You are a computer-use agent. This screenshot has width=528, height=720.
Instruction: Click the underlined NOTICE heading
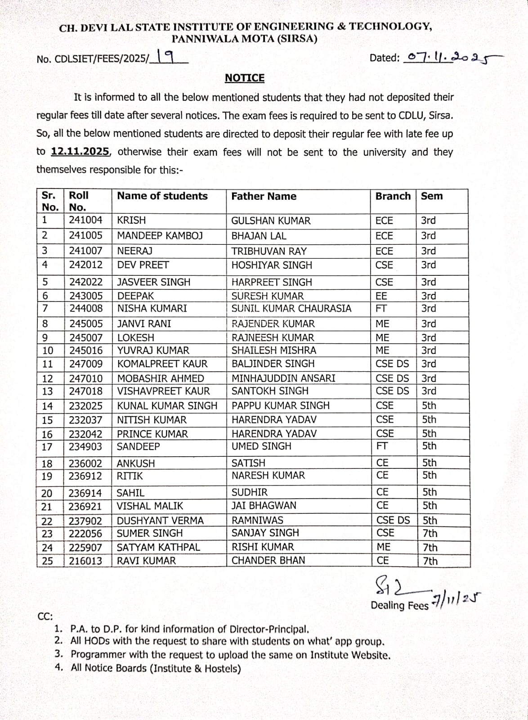[x=245, y=78]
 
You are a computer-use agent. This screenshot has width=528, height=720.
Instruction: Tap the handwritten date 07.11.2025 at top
[x=452, y=58]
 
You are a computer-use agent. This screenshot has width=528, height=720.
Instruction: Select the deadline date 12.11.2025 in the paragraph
[x=80, y=152]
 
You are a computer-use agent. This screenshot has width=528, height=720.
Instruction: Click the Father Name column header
[x=264, y=196]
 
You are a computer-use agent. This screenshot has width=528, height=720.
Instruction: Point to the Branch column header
[x=393, y=196]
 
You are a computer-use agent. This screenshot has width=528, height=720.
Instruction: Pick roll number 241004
[x=85, y=220]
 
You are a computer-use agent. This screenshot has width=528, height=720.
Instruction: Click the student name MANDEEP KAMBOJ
[x=160, y=236]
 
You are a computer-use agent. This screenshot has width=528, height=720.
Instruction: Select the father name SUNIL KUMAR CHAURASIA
[x=291, y=309]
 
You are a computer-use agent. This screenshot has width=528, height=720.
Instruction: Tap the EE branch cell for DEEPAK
[x=381, y=296]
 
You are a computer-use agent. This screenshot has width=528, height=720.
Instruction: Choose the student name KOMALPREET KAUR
[x=162, y=364]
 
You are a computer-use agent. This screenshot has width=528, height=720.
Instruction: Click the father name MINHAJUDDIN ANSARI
[x=283, y=378]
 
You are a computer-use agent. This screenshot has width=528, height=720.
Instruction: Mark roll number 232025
[x=85, y=406]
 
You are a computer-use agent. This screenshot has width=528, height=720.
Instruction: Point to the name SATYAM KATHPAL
[x=158, y=548]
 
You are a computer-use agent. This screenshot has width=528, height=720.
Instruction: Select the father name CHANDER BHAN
[x=268, y=561]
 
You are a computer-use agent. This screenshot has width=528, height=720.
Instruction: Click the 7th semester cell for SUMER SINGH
[x=430, y=533]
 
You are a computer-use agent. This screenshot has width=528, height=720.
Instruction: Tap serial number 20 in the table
[x=47, y=493]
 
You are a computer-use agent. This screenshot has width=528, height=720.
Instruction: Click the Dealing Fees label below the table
[x=399, y=606]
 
